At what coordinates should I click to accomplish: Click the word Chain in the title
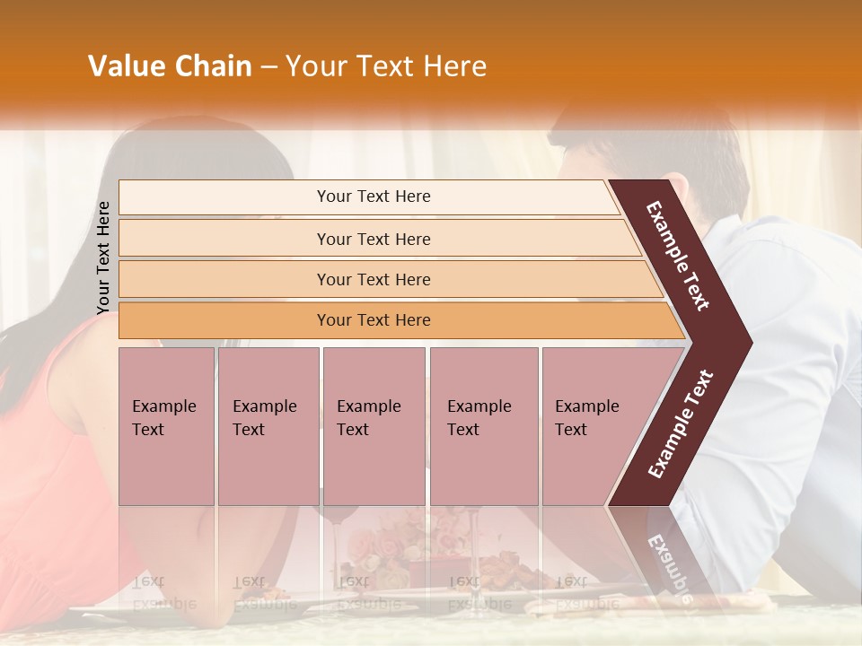tap(214, 66)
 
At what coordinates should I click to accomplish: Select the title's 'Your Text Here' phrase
tap(386, 66)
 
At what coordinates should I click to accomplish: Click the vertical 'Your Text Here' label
tap(103, 258)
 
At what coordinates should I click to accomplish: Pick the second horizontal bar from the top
tap(373, 239)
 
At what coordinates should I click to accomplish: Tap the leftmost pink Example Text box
tap(166, 425)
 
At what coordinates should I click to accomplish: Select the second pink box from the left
tap(268, 425)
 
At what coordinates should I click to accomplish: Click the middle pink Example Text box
tap(374, 425)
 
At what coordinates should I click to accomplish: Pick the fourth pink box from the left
tap(484, 425)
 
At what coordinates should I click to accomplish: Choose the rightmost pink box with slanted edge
tap(593, 425)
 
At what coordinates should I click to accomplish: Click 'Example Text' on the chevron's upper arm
tap(678, 256)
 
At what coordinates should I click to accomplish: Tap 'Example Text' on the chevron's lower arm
tap(681, 423)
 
